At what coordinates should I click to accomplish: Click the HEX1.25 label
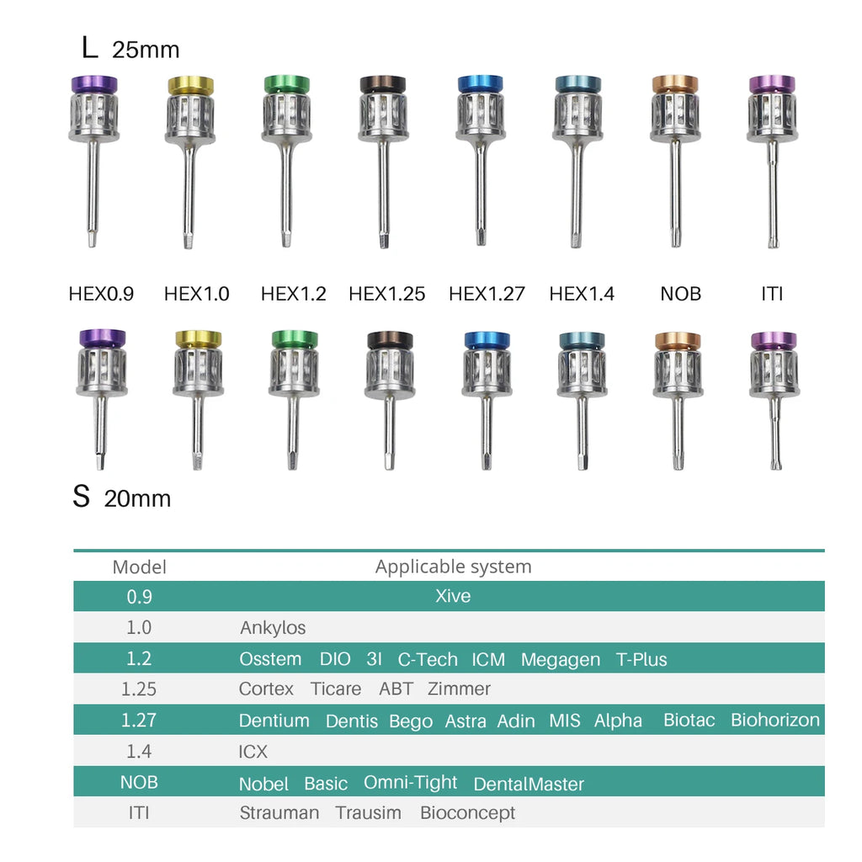tap(386, 294)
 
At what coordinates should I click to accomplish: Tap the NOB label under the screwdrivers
tap(680, 294)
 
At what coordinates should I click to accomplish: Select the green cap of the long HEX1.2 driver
tap(286, 84)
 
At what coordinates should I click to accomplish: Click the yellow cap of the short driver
tap(199, 338)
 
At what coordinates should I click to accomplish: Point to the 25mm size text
tap(146, 50)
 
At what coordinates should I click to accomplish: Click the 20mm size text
tap(137, 499)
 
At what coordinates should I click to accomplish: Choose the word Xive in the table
tap(453, 596)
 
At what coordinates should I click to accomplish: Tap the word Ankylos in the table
tap(273, 628)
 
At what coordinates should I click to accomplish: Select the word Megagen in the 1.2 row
tap(560, 660)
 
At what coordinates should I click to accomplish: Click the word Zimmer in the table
tap(459, 689)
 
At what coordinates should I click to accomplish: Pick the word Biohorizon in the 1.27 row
tap(775, 721)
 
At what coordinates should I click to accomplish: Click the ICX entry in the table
tap(253, 752)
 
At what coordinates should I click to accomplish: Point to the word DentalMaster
tap(529, 784)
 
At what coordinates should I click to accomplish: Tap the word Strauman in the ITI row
tap(279, 813)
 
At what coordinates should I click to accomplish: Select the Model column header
tap(139, 567)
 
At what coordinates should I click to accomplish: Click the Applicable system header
tap(454, 567)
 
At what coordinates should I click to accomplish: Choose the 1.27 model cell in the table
tap(139, 721)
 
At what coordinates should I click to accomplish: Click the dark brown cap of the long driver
tap(383, 84)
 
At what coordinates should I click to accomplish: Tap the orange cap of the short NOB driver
tap(678, 341)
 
